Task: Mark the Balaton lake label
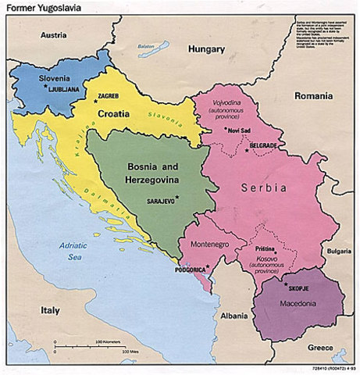(x=148, y=45)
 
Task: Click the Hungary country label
(x=207, y=49)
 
